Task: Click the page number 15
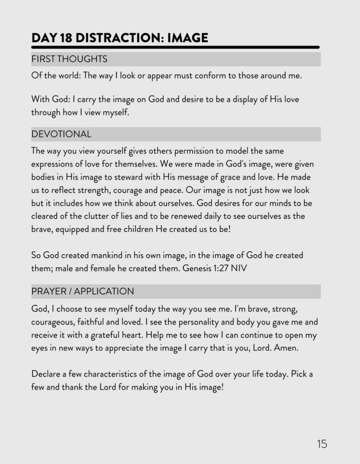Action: (x=322, y=444)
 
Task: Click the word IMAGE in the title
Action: (x=188, y=38)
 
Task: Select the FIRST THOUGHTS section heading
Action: (x=69, y=59)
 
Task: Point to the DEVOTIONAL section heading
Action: (x=61, y=134)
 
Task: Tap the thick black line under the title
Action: (x=175, y=47)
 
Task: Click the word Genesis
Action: (x=197, y=268)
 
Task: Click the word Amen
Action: (x=286, y=348)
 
